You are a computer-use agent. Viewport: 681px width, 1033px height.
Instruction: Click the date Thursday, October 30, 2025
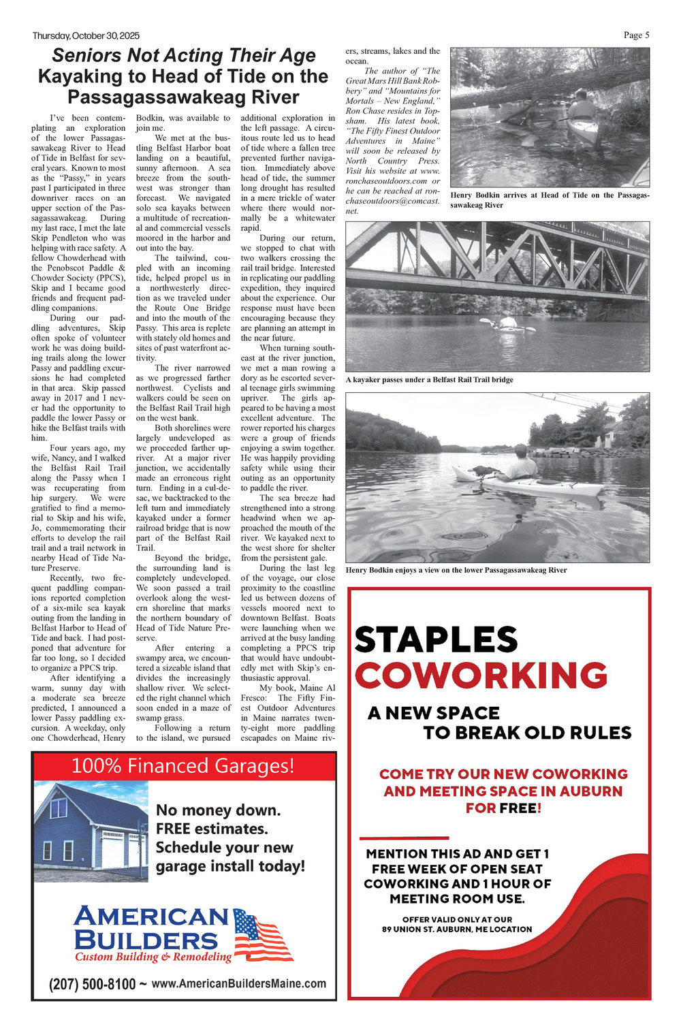click(86, 35)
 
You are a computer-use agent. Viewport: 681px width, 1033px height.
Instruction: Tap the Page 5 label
click(636, 35)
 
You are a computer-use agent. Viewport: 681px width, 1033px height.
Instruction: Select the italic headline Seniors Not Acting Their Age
click(184, 56)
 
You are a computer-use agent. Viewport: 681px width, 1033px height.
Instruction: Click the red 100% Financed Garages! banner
click(183, 766)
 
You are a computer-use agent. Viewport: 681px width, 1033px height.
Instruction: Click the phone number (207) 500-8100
click(92, 984)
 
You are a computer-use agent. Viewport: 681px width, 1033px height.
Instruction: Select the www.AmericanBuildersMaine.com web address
click(238, 983)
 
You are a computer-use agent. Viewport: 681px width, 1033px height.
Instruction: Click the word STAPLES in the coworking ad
click(436, 640)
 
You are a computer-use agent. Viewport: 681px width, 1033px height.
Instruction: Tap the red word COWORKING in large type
click(481, 676)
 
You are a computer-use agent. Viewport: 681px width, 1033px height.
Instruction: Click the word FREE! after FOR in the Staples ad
click(520, 808)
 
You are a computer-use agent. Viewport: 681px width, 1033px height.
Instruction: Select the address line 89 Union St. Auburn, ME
click(457, 929)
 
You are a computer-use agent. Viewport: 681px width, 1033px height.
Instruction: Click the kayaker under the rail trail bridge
click(508, 324)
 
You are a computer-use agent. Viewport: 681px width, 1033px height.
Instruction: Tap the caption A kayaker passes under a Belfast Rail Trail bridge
click(429, 379)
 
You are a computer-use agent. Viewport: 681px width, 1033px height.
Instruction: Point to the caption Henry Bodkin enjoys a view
click(456, 570)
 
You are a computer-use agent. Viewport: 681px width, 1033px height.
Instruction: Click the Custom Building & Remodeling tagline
click(153, 957)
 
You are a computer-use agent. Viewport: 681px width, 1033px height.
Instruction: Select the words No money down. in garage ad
click(218, 810)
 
